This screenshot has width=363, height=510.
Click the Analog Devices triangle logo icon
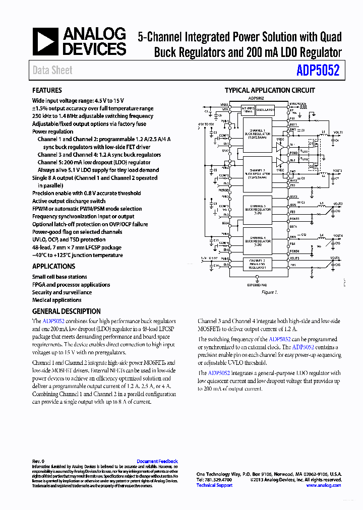[x=46, y=41]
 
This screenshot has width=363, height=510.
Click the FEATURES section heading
[x=47, y=90]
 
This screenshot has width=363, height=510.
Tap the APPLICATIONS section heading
[x=53, y=266]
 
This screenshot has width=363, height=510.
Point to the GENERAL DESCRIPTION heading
[x=66, y=311]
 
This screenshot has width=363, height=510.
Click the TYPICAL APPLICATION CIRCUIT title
[x=270, y=90]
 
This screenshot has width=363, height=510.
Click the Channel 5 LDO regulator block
[x=258, y=264]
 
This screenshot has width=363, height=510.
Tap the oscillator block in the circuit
[x=265, y=109]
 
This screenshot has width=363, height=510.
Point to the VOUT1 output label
[x=337, y=133]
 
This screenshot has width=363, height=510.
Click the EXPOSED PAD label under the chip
[x=257, y=285]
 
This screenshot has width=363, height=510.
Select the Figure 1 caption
[x=269, y=292]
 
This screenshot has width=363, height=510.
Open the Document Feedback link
[x=157, y=461]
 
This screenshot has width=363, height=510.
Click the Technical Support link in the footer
[x=214, y=485]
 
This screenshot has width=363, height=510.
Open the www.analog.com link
[x=323, y=485]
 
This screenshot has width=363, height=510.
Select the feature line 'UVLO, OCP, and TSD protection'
[x=69, y=240]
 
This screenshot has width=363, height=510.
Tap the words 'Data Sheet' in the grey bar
[x=52, y=71]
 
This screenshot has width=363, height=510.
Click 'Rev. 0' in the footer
[x=38, y=461]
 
